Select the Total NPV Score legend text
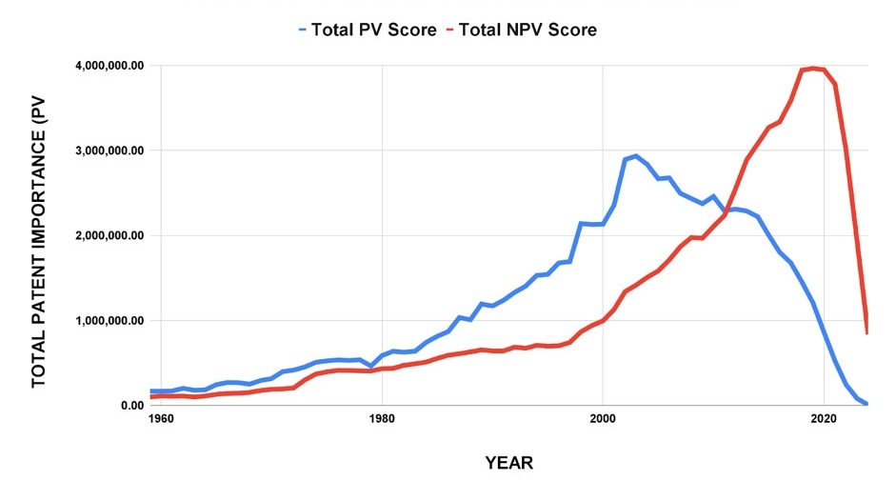pos(528,30)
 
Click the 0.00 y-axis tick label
pos(130,405)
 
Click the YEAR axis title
pos(508,464)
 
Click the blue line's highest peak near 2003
pos(636,155)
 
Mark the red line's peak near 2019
pos(812,68)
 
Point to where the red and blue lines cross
pos(728,210)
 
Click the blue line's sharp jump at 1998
pos(581,224)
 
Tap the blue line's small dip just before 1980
pos(371,366)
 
